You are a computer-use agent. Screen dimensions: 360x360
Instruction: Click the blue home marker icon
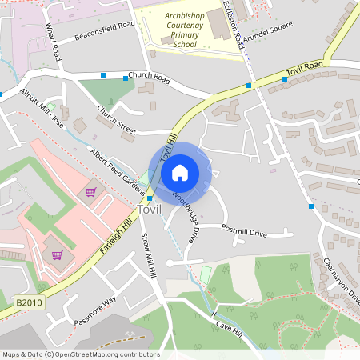(x=180, y=172)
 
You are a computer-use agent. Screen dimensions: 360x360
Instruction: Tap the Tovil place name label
(x=150, y=210)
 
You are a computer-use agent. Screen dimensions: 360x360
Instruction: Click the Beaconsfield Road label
(x=105, y=30)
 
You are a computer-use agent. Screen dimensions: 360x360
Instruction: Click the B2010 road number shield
(x=28, y=303)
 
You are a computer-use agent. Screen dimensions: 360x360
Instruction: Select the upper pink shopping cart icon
(x=90, y=192)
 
